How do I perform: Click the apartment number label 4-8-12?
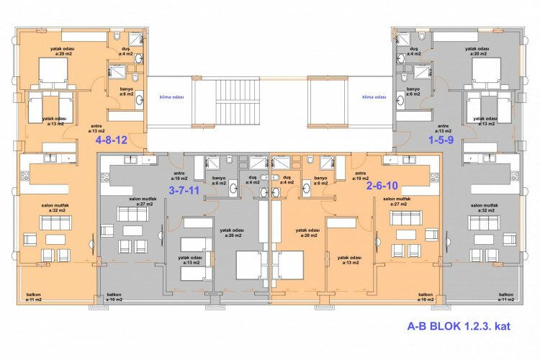tap(112, 140)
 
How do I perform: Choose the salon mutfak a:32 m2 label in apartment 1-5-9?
tap(485, 208)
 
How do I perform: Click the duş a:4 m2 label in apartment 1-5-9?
tap(413, 51)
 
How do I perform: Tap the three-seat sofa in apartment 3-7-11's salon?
tap(132, 214)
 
